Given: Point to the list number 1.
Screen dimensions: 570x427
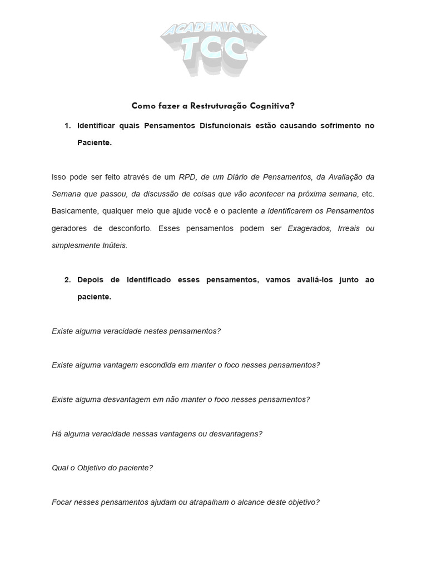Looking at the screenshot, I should tap(67, 126).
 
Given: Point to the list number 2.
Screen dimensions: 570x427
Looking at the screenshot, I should tap(67, 280).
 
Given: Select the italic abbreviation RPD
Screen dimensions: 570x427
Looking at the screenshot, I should tap(188, 177).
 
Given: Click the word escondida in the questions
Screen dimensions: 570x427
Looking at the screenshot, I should tap(154, 365).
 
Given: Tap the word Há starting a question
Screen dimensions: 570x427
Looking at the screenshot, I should tap(57, 434).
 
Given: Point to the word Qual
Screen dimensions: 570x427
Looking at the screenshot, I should tap(59, 468).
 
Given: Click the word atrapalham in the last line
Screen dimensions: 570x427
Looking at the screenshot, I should tap(212, 502).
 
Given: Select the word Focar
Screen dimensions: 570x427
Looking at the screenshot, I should tap(62, 502).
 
